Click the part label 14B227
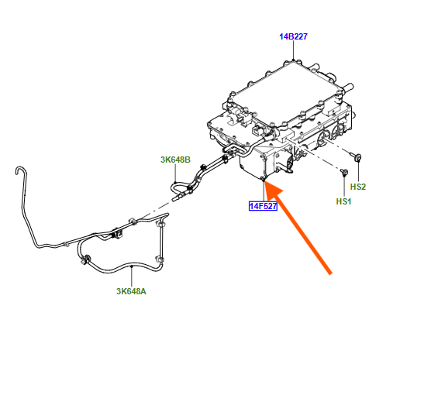pyautogui.click(x=293, y=36)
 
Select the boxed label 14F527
pyautogui.click(x=263, y=206)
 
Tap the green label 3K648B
pyautogui.click(x=175, y=160)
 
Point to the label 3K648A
pyautogui.click(x=131, y=291)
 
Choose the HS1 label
pyautogui.click(x=343, y=201)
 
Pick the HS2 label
pyautogui.click(x=358, y=187)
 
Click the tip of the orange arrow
pyautogui.click(x=264, y=181)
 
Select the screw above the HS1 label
pyautogui.click(x=344, y=172)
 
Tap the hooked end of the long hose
pyautogui.click(x=19, y=169)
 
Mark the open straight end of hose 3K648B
pyautogui.click(x=174, y=199)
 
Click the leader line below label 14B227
pyautogui.click(x=293, y=50)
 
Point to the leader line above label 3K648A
pyautogui.click(x=132, y=276)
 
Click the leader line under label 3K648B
pyautogui.click(x=175, y=173)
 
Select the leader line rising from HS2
pyautogui.click(x=358, y=172)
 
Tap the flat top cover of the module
pyautogui.click(x=288, y=89)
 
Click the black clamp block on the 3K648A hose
pyautogui.click(x=118, y=233)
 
